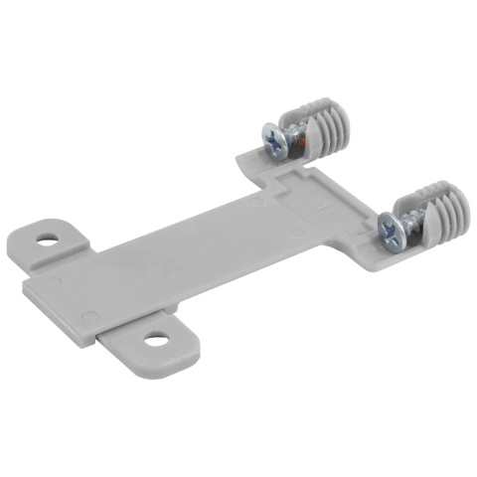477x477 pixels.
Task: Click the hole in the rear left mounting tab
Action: pos(48,239)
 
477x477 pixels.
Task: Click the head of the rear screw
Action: pos(274,140)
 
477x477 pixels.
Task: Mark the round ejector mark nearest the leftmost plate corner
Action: pos(54,283)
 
